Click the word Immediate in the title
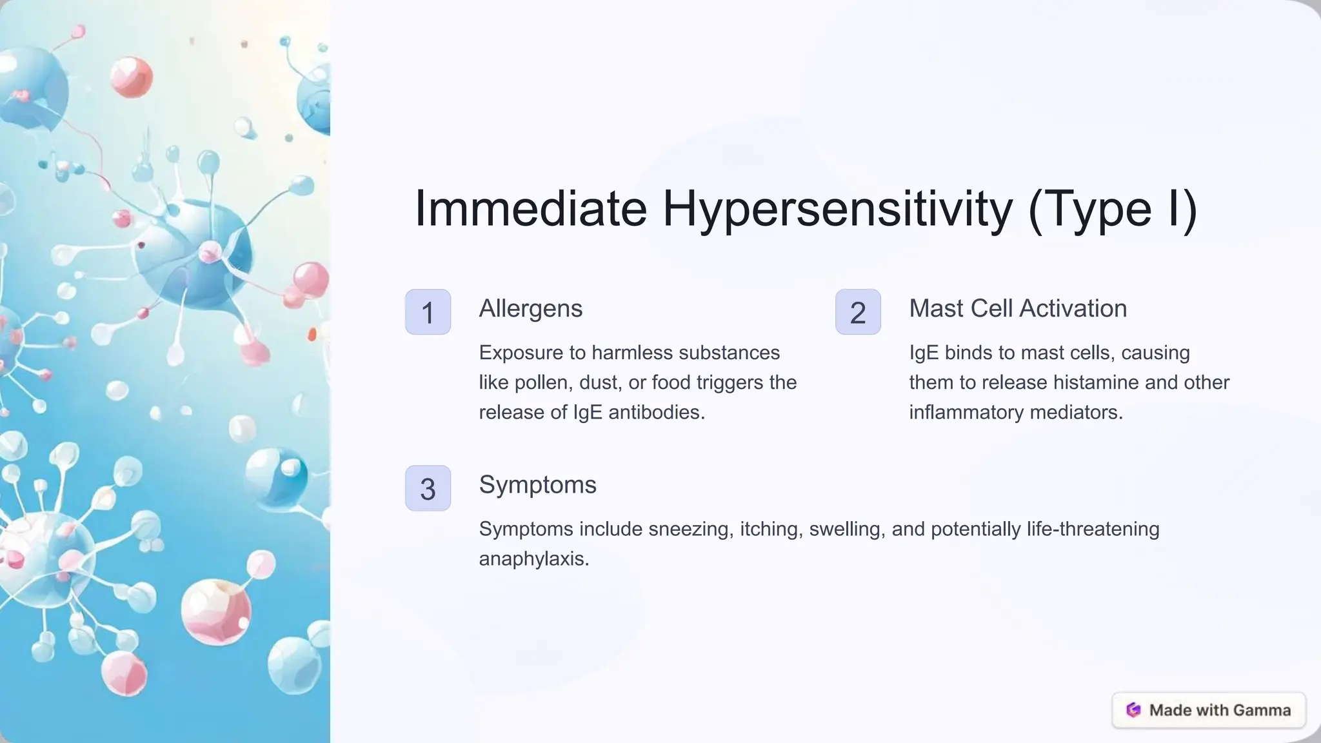(530, 208)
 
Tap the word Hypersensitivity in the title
(837, 208)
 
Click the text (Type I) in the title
(1113, 208)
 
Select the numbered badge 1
(428, 312)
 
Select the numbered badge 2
(858, 312)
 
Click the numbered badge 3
(428, 488)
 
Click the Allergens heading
(530, 308)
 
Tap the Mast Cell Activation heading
(1018, 308)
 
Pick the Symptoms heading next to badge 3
(537, 484)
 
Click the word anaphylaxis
(533, 559)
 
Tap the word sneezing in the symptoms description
(691, 529)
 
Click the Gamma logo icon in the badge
(1133, 710)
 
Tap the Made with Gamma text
(1220, 710)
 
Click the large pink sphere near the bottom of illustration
(215, 611)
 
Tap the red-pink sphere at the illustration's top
(131, 77)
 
